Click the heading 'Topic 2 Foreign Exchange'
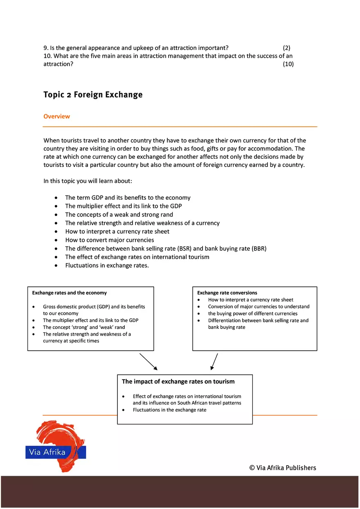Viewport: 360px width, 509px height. pos(93,95)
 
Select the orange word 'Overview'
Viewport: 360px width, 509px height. pos(56,117)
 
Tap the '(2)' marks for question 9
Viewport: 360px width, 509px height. pos(286,48)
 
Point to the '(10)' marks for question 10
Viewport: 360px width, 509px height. pos(288,64)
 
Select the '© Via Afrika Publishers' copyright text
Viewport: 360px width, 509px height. pos(283,468)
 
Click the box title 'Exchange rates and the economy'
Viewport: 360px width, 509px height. pos(69,293)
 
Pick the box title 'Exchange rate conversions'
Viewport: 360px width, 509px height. pos(227,293)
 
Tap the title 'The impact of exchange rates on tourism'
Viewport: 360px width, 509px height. pos(178,381)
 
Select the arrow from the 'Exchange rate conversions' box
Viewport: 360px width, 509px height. pos(214,362)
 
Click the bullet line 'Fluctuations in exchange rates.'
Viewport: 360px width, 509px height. pos(107,266)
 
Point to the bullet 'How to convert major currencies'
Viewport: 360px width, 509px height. pos(109,240)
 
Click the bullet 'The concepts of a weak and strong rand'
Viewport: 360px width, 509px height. pos(119,215)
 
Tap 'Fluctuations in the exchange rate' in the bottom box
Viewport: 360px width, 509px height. pos(169,410)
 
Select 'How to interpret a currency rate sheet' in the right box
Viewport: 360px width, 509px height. pos(250,300)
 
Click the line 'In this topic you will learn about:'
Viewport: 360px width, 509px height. pos(88,181)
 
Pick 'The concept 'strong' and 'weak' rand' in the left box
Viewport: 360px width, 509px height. pos(84,327)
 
